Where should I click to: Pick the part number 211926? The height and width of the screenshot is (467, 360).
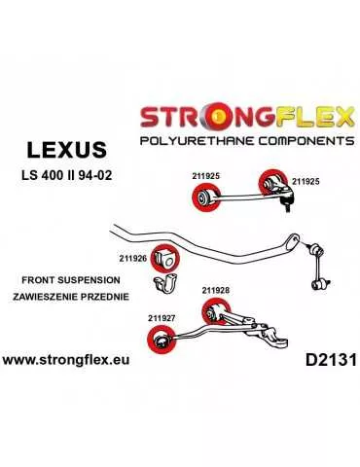(132, 258)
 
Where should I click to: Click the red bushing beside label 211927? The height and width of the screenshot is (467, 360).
(157, 340)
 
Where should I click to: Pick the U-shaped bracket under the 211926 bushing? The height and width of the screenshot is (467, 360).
(164, 286)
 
